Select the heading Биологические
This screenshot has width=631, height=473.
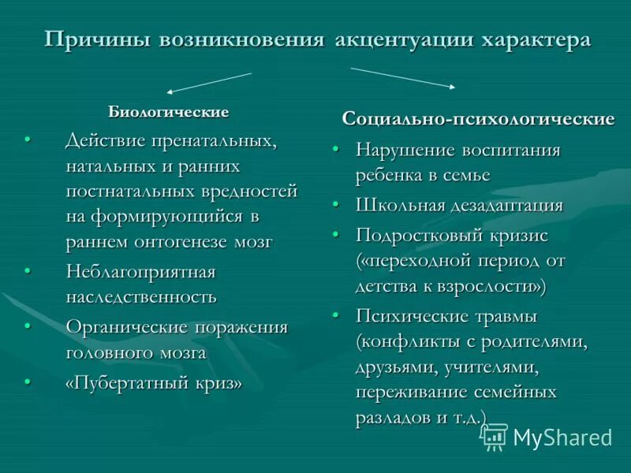point(168,112)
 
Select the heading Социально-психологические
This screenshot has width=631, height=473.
point(478,120)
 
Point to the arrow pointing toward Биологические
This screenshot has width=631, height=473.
point(210,83)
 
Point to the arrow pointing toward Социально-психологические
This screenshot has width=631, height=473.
point(402,77)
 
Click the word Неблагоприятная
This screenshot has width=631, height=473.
point(140,272)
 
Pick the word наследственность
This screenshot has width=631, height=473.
point(141,297)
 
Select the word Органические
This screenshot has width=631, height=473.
point(126,327)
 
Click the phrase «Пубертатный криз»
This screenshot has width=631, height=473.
point(153,383)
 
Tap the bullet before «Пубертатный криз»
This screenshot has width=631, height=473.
point(28,382)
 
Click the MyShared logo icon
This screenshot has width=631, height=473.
point(495,437)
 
